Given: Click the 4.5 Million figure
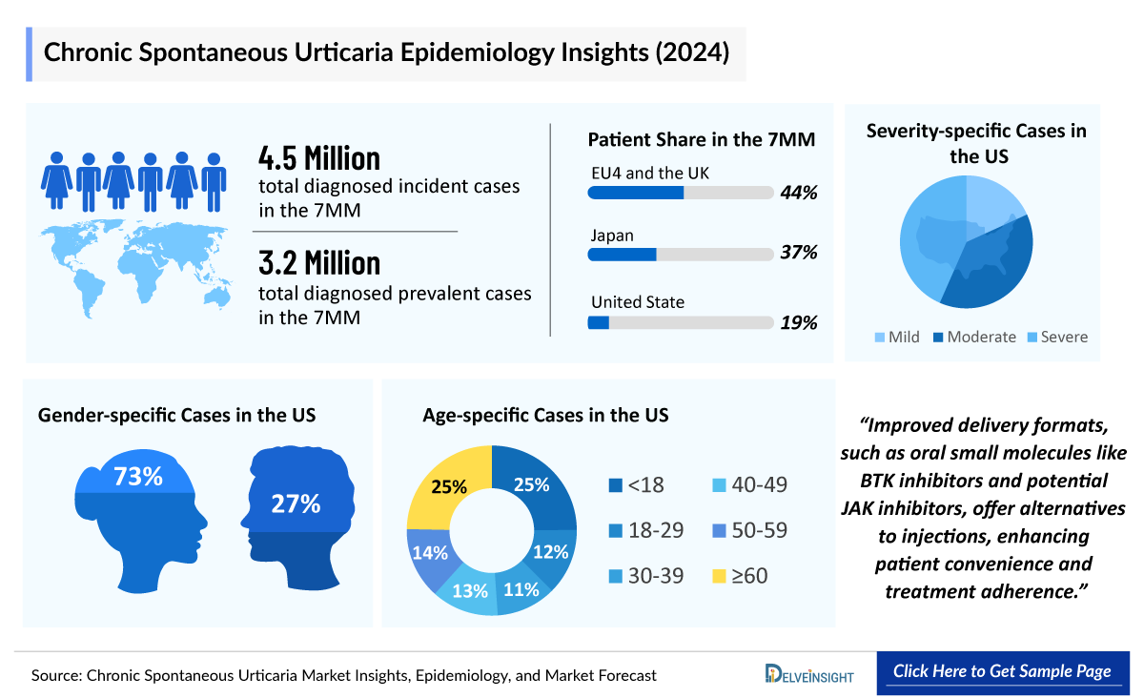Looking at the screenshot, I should click(x=319, y=157).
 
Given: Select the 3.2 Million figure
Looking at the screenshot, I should click(x=319, y=262).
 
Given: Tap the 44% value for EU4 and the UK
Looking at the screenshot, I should click(x=799, y=194).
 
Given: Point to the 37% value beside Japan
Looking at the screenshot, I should click(x=799, y=254).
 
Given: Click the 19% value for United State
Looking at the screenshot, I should click(x=799, y=322).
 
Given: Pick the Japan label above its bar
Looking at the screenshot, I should click(x=612, y=236).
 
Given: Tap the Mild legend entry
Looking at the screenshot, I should click(x=895, y=337).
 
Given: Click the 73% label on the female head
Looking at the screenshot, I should click(x=138, y=476).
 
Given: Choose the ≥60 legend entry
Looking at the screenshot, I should click(x=740, y=576).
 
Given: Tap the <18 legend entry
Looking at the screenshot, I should click(x=637, y=485).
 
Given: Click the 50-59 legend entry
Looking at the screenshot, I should click(x=750, y=531).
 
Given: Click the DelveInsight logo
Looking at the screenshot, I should click(x=809, y=673).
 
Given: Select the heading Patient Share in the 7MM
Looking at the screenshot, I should click(x=701, y=140).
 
